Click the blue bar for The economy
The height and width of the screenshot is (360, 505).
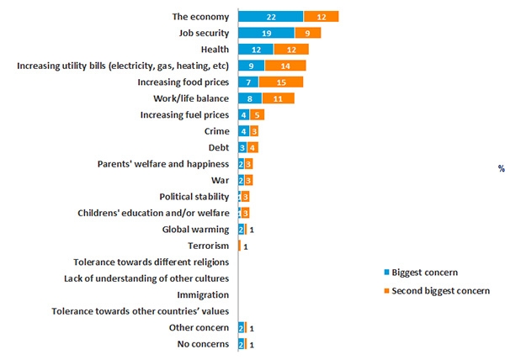[x=270, y=17]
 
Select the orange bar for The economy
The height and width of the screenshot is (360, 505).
[x=321, y=17]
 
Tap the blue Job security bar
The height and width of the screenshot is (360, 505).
[x=266, y=33]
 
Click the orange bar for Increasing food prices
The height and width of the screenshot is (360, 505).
[x=280, y=82]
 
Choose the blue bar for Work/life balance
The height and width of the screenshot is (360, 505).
[x=250, y=98]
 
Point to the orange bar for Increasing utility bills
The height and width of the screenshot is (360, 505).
[x=285, y=66]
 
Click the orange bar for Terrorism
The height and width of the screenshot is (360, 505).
[x=240, y=246]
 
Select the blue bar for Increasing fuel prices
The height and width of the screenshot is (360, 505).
[x=244, y=115]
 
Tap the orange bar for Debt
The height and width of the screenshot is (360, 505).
[x=253, y=148]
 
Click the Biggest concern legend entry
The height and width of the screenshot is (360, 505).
[x=416, y=273]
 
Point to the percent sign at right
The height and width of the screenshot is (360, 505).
[x=501, y=169]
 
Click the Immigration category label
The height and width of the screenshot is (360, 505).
[x=203, y=295]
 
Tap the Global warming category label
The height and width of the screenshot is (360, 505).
[x=195, y=229]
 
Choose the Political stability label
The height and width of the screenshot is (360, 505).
[x=194, y=196]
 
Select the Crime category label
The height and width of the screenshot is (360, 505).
[x=216, y=131]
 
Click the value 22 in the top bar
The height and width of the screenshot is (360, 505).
[x=270, y=17]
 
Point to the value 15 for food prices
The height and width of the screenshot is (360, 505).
[x=280, y=82]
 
